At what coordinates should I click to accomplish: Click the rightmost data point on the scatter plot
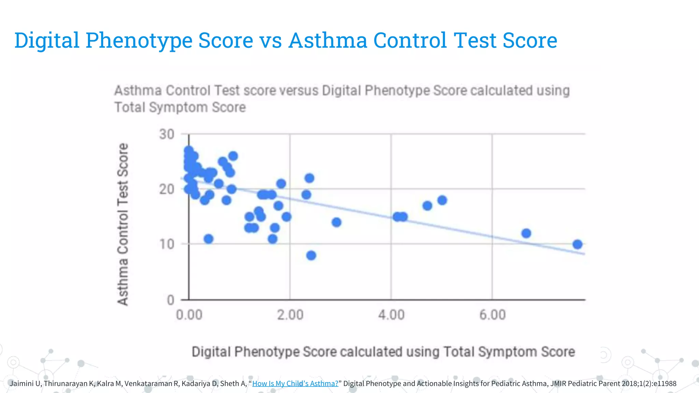(577, 244)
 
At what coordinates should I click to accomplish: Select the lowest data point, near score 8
(311, 255)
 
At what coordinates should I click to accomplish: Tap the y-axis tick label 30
(167, 134)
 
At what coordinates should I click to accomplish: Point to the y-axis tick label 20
(167, 189)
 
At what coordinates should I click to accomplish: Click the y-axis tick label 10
(167, 244)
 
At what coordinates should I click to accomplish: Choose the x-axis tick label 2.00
(290, 315)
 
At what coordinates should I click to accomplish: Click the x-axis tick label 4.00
(391, 315)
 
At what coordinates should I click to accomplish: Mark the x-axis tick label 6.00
(492, 315)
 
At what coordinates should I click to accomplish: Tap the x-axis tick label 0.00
(189, 315)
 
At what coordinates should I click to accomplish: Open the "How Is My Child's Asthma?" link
(295, 383)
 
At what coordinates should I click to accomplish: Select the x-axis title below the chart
(383, 352)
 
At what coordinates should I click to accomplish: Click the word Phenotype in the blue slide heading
(139, 40)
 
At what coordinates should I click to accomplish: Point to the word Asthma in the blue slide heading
(328, 40)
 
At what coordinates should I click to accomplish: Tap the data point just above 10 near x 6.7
(526, 233)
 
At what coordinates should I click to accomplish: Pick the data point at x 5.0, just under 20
(442, 200)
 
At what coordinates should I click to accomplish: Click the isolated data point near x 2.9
(336, 222)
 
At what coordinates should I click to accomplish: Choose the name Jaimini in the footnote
(22, 383)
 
